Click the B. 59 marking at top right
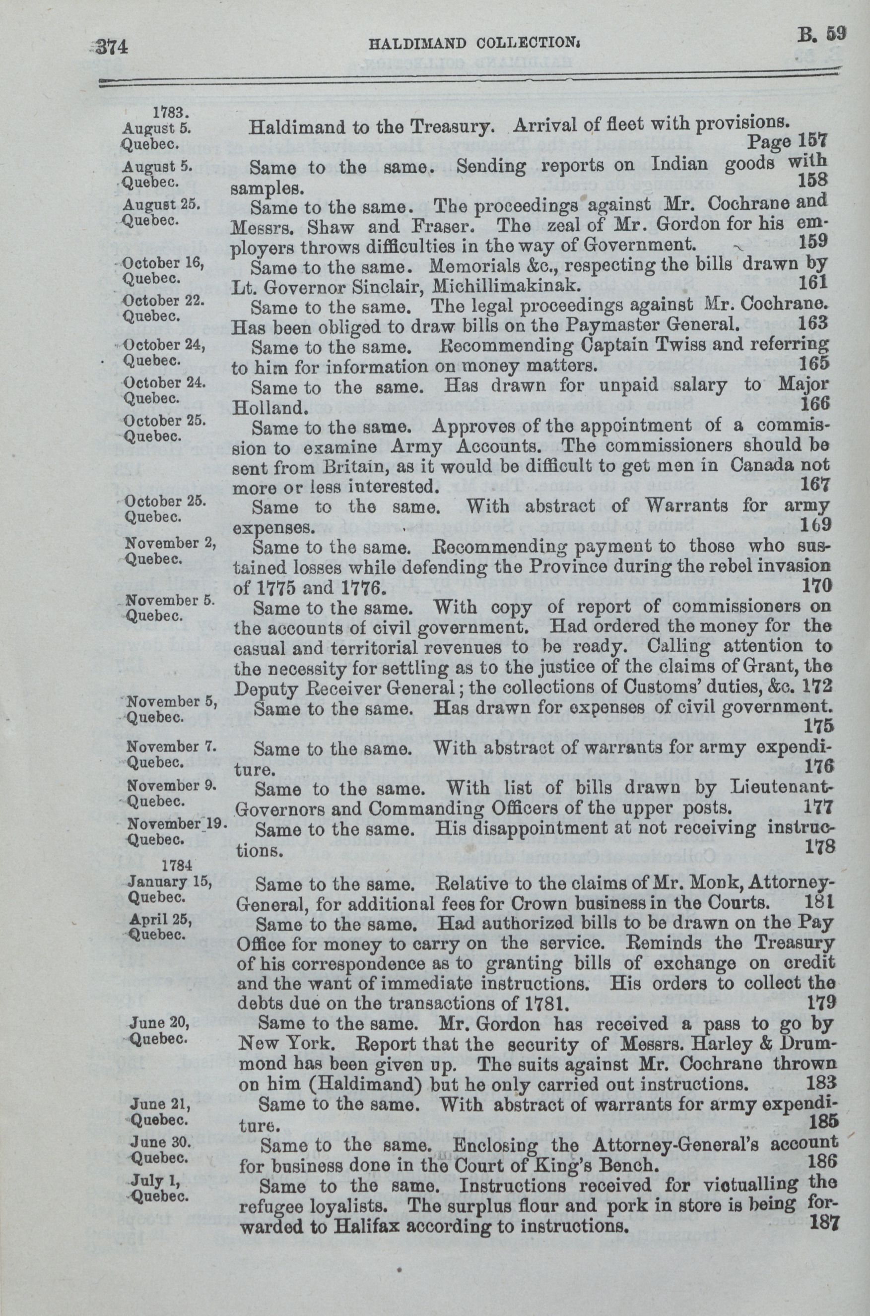click(x=822, y=35)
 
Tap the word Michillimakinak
click(x=506, y=286)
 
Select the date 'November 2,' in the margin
click(x=163, y=543)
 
